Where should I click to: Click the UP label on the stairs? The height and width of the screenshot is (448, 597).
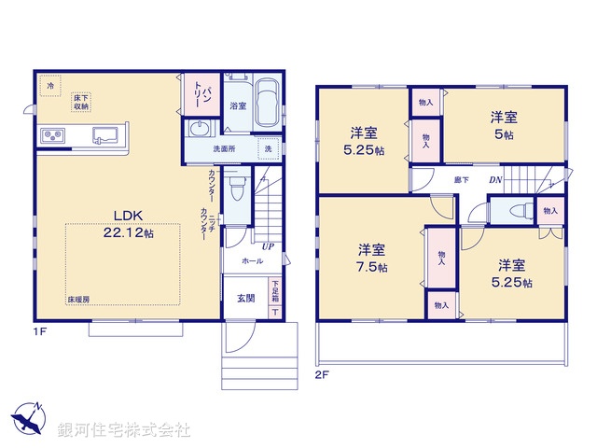(268, 246)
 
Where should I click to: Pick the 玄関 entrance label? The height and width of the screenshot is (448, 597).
(244, 299)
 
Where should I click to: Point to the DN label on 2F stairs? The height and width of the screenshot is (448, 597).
(496, 180)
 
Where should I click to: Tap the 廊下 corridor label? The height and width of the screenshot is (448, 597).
(461, 179)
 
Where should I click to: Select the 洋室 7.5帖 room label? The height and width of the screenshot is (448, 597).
(371, 258)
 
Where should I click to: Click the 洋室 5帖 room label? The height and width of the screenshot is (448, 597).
(504, 125)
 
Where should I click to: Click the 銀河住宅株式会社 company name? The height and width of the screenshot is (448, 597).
(123, 430)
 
